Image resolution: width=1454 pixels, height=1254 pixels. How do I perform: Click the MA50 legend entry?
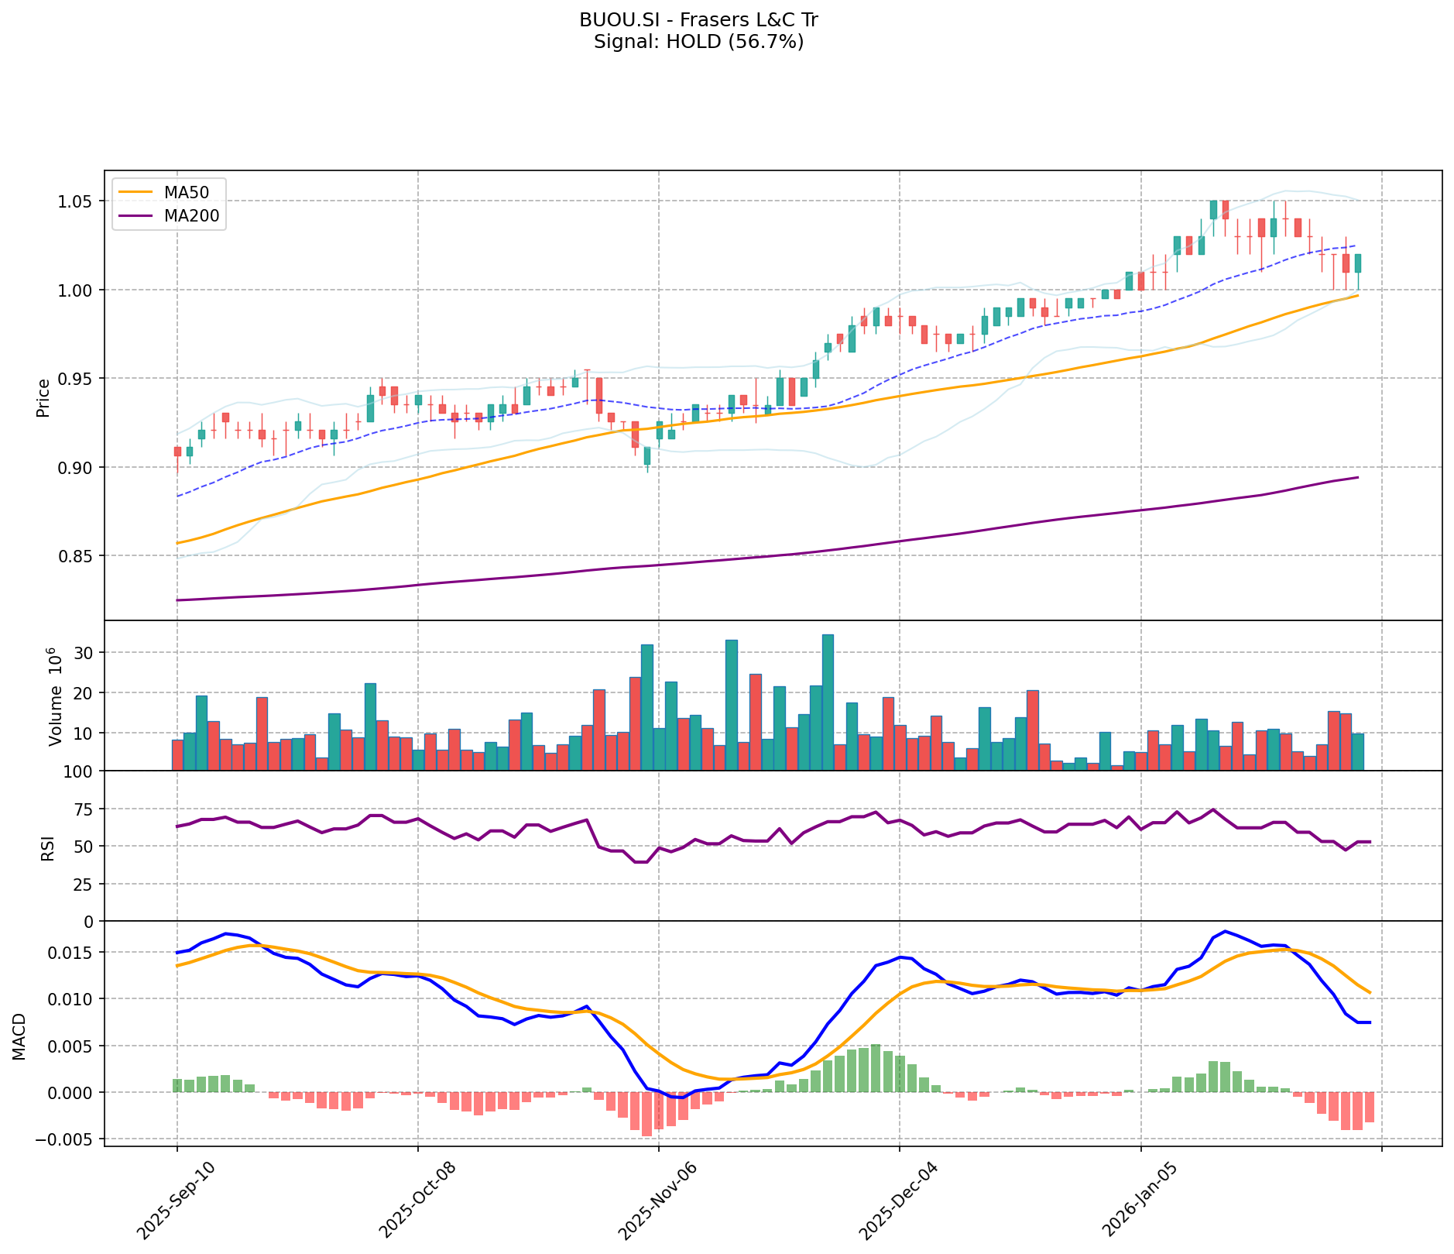185,192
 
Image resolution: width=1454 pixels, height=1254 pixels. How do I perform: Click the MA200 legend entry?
191,216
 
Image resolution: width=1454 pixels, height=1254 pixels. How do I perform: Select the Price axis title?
43,397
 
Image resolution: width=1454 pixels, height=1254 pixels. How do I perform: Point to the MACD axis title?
19,1036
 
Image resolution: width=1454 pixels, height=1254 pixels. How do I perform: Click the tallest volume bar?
828,702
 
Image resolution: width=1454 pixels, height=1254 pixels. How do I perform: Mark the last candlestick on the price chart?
1358,263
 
